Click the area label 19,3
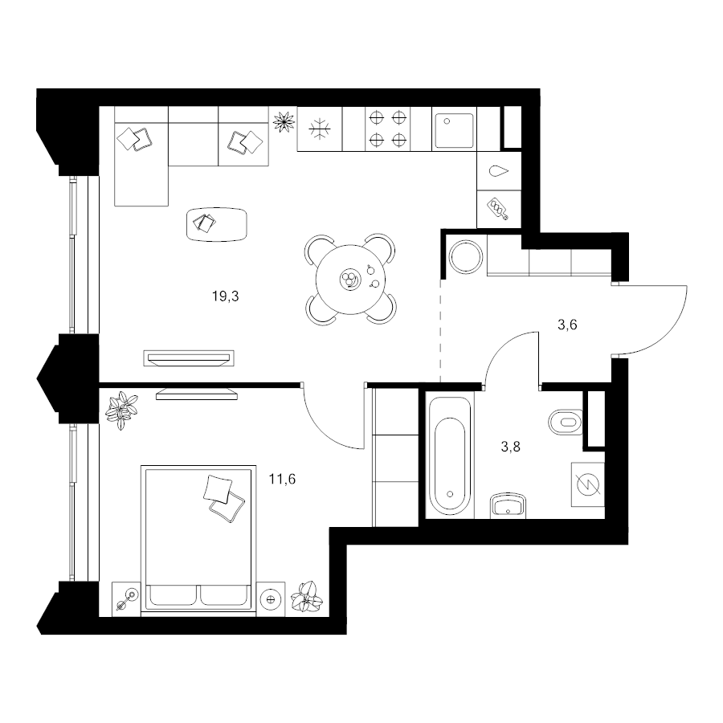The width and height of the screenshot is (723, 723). [226, 296]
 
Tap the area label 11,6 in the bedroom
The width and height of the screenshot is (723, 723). [282, 480]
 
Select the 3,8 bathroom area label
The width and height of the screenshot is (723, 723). [510, 447]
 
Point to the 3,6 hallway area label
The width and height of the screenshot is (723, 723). [567, 325]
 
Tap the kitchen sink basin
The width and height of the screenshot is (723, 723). [455, 131]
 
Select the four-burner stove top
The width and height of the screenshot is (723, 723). [387, 129]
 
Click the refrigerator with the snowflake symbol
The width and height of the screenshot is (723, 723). [320, 129]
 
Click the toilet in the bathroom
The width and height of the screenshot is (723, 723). [566, 422]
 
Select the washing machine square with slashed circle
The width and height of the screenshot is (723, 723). [587, 484]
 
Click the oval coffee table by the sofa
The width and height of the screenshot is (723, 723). [217, 224]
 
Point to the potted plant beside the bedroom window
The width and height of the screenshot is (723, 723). [122, 411]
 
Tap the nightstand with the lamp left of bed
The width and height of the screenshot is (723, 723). [126, 597]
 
